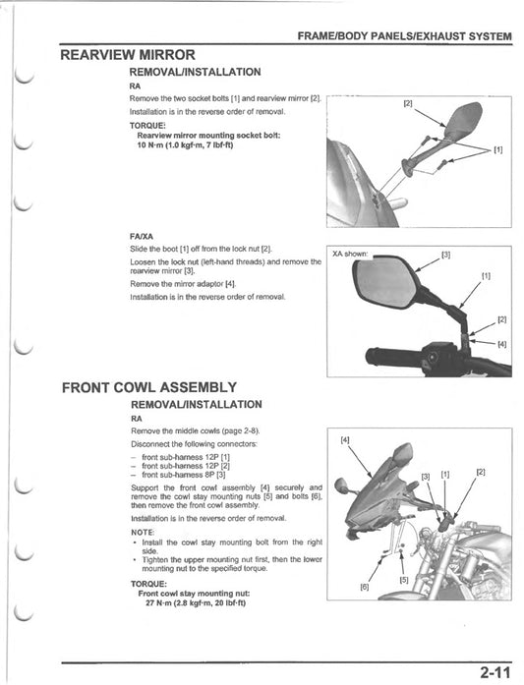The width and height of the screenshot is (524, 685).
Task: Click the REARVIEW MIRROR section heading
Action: [x=128, y=55]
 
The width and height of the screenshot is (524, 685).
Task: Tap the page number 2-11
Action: [x=495, y=672]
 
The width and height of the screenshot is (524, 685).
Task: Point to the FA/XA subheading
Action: [x=141, y=236]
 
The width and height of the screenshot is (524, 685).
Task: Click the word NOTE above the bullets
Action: [x=144, y=532]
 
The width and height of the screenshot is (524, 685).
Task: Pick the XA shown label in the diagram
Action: [x=350, y=255]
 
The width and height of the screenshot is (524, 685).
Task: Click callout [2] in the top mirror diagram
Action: [x=408, y=102]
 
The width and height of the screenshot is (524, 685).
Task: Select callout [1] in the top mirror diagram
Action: [x=497, y=149]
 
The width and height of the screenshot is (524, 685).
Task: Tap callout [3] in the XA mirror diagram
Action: [x=445, y=255]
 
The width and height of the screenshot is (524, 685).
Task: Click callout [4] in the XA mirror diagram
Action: [x=501, y=344]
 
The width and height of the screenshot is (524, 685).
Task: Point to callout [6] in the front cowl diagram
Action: [x=364, y=588]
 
